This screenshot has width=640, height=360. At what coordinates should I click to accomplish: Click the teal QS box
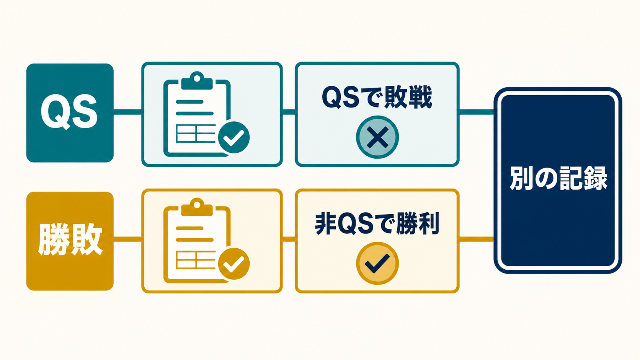click(x=70, y=113)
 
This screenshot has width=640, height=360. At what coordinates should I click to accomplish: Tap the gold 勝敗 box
click(x=70, y=241)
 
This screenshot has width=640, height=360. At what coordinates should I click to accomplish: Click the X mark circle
click(x=377, y=137)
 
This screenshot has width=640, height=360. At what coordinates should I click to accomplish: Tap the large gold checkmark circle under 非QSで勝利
click(x=377, y=263)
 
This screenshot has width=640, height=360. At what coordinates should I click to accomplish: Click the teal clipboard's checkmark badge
click(x=234, y=137)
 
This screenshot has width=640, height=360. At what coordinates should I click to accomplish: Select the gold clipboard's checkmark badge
click(x=234, y=264)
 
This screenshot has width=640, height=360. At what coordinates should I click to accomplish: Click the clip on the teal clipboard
click(x=197, y=81)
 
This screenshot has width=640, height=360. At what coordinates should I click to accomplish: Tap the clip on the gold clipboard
click(x=197, y=207)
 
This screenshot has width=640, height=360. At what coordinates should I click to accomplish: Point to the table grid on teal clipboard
click(x=196, y=134)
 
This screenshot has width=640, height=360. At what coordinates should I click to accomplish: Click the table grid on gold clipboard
click(x=196, y=260)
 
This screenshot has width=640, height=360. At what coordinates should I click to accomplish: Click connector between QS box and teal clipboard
click(x=128, y=112)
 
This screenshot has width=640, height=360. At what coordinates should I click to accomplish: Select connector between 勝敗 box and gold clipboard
click(x=128, y=239)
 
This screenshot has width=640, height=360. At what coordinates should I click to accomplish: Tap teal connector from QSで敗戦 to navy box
click(x=476, y=112)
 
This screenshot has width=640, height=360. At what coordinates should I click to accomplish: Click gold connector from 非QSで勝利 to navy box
click(x=476, y=239)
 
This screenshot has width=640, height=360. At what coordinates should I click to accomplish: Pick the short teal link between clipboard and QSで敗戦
click(x=289, y=112)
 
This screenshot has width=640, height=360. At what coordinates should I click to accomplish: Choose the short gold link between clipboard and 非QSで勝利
click(x=289, y=239)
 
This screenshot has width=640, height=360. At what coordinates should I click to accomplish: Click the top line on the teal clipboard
click(x=189, y=102)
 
